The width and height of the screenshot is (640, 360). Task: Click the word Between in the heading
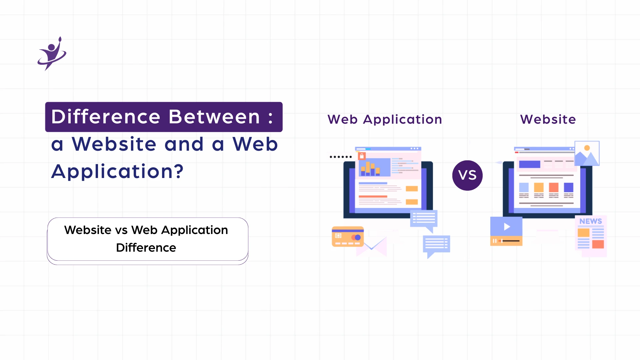pyautogui.click(x=214, y=117)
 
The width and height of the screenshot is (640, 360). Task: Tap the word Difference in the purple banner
pyautogui.click(x=106, y=117)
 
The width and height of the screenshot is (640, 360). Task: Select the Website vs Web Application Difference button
pyautogui.click(x=148, y=239)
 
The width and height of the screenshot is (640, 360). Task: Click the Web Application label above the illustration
pyautogui.click(x=385, y=119)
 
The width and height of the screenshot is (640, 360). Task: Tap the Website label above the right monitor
pyautogui.click(x=548, y=119)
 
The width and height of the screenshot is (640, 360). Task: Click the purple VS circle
pyautogui.click(x=467, y=175)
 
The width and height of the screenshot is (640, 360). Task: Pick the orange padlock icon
pyautogui.click(x=362, y=156)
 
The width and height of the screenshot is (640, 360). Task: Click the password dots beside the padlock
pyautogui.click(x=341, y=157)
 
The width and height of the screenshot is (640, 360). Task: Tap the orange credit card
pyautogui.click(x=348, y=236)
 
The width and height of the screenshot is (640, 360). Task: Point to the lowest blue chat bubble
pyautogui.click(x=436, y=245)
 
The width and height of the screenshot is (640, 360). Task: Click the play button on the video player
pyautogui.click(x=507, y=227)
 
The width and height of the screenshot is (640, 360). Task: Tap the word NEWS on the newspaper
pyautogui.click(x=590, y=221)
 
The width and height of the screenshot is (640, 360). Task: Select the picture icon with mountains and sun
pyautogui.click(x=587, y=153)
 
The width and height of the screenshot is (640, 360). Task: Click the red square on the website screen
pyautogui.click(x=554, y=187)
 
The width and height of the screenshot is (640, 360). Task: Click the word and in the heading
pyautogui.click(x=184, y=144)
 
